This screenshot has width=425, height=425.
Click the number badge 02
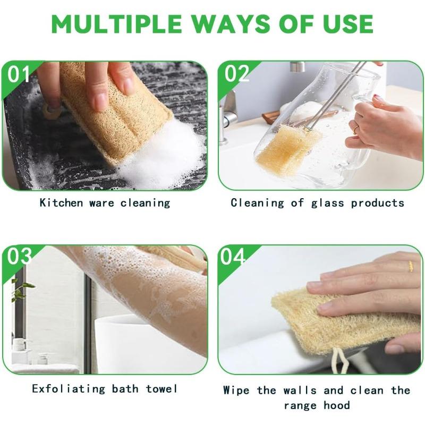(236, 74)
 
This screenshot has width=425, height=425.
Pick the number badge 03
(20, 257)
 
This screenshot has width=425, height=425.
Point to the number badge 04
(234, 257)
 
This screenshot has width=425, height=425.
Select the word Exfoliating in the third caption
(69, 389)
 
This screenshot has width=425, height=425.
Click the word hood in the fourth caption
(337, 406)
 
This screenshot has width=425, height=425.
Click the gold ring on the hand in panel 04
(410, 266)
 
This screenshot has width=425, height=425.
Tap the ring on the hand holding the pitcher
(355, 129)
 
